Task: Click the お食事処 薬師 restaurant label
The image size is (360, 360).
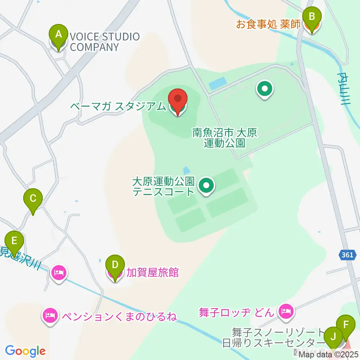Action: (x=268, y=24)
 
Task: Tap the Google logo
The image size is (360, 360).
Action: (x=25, y=351)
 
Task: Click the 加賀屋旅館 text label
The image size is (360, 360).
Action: (x=152, y=272)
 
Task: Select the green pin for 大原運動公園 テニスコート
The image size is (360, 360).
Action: (x=206, y=185)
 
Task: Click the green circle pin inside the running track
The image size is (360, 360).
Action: (x=265, y=90)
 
